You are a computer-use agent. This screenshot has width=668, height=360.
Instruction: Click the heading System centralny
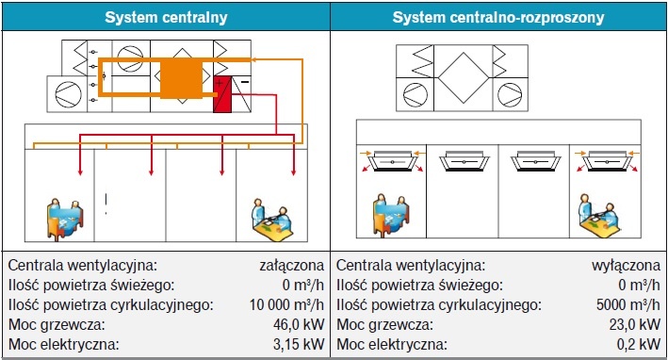coord(166,18)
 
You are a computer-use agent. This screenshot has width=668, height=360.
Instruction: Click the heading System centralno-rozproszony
coord(498,18)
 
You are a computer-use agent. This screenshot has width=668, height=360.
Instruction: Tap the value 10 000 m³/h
coord(286,304)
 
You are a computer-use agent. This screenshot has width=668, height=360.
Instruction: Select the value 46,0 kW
coord(299,324)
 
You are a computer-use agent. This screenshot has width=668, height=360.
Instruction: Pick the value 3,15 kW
coord(299,344)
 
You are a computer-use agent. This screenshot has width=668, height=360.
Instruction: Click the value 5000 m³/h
coord(628,304)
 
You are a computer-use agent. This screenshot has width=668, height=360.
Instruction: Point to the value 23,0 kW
coord(635,324)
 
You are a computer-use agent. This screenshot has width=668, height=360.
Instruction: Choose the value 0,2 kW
coord(639,344)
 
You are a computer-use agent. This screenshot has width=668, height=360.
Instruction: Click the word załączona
coord(292,265)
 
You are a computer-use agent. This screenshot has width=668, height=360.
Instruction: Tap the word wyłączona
coord(627,265)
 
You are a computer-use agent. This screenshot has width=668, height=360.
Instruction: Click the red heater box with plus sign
coord(222,94)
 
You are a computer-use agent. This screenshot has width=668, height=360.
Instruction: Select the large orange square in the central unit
coord(181,78)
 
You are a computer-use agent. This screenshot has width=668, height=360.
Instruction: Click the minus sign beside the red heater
coord(245,82)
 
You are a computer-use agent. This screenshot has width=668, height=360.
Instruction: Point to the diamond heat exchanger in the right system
coord(464,78)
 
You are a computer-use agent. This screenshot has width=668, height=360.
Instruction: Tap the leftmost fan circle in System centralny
coord(68,94)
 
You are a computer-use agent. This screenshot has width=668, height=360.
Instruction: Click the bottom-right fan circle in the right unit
coord(510,94)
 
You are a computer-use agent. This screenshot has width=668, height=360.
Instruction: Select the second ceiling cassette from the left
coord(464,161)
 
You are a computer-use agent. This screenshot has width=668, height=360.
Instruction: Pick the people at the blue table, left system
coord(65,220)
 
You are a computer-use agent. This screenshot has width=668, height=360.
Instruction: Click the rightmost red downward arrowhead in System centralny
coord(293,172)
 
